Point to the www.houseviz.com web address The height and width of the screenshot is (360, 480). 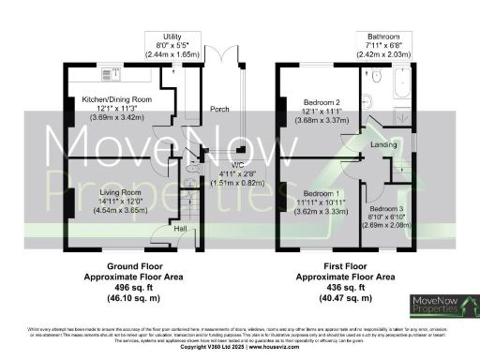click(x=273, y=348)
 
